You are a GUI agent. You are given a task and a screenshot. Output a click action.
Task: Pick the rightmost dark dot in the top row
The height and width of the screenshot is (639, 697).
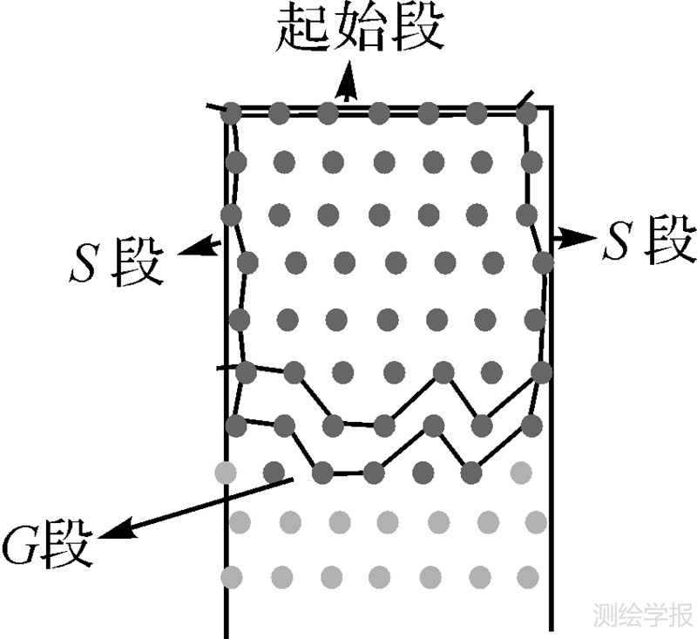click(526, 113)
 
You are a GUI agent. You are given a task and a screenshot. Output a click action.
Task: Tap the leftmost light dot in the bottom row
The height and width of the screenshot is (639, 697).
click(232, 576)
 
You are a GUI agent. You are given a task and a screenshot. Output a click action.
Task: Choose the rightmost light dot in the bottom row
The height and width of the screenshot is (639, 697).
click(527, 576)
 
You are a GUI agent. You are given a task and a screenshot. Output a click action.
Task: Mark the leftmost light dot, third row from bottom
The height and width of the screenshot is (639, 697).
click(226, 472)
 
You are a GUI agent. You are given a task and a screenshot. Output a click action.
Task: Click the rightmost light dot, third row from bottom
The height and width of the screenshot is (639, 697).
click(521, 472)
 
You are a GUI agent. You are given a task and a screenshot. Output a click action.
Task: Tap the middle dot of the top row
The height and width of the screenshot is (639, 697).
click(378, 113)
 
